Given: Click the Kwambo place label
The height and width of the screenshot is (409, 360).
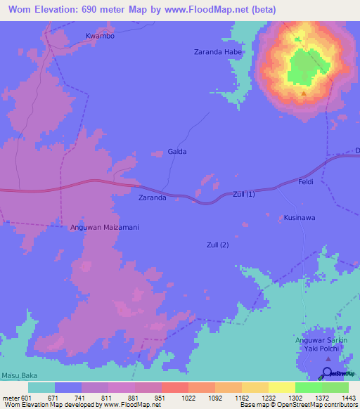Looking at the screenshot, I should [100, 36].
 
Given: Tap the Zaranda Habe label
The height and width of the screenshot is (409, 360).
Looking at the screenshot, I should [218, 52].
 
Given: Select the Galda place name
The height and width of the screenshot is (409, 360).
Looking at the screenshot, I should [177, 152].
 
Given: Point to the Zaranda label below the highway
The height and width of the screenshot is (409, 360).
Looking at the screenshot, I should [152, 199].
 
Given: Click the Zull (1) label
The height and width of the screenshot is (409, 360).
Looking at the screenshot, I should [244, 195].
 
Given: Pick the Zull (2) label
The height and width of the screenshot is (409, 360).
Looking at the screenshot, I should [218, 245].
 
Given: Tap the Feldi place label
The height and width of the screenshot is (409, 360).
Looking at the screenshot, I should [306, 183].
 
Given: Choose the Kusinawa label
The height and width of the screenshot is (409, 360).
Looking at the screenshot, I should [300, 218].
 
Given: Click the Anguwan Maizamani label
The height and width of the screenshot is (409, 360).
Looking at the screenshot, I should [104, 228].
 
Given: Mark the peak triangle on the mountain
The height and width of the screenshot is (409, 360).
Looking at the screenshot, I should [304, 93].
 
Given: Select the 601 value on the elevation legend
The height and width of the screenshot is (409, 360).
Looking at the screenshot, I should [27, 398].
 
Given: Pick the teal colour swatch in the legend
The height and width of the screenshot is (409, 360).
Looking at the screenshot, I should [41, 387].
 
